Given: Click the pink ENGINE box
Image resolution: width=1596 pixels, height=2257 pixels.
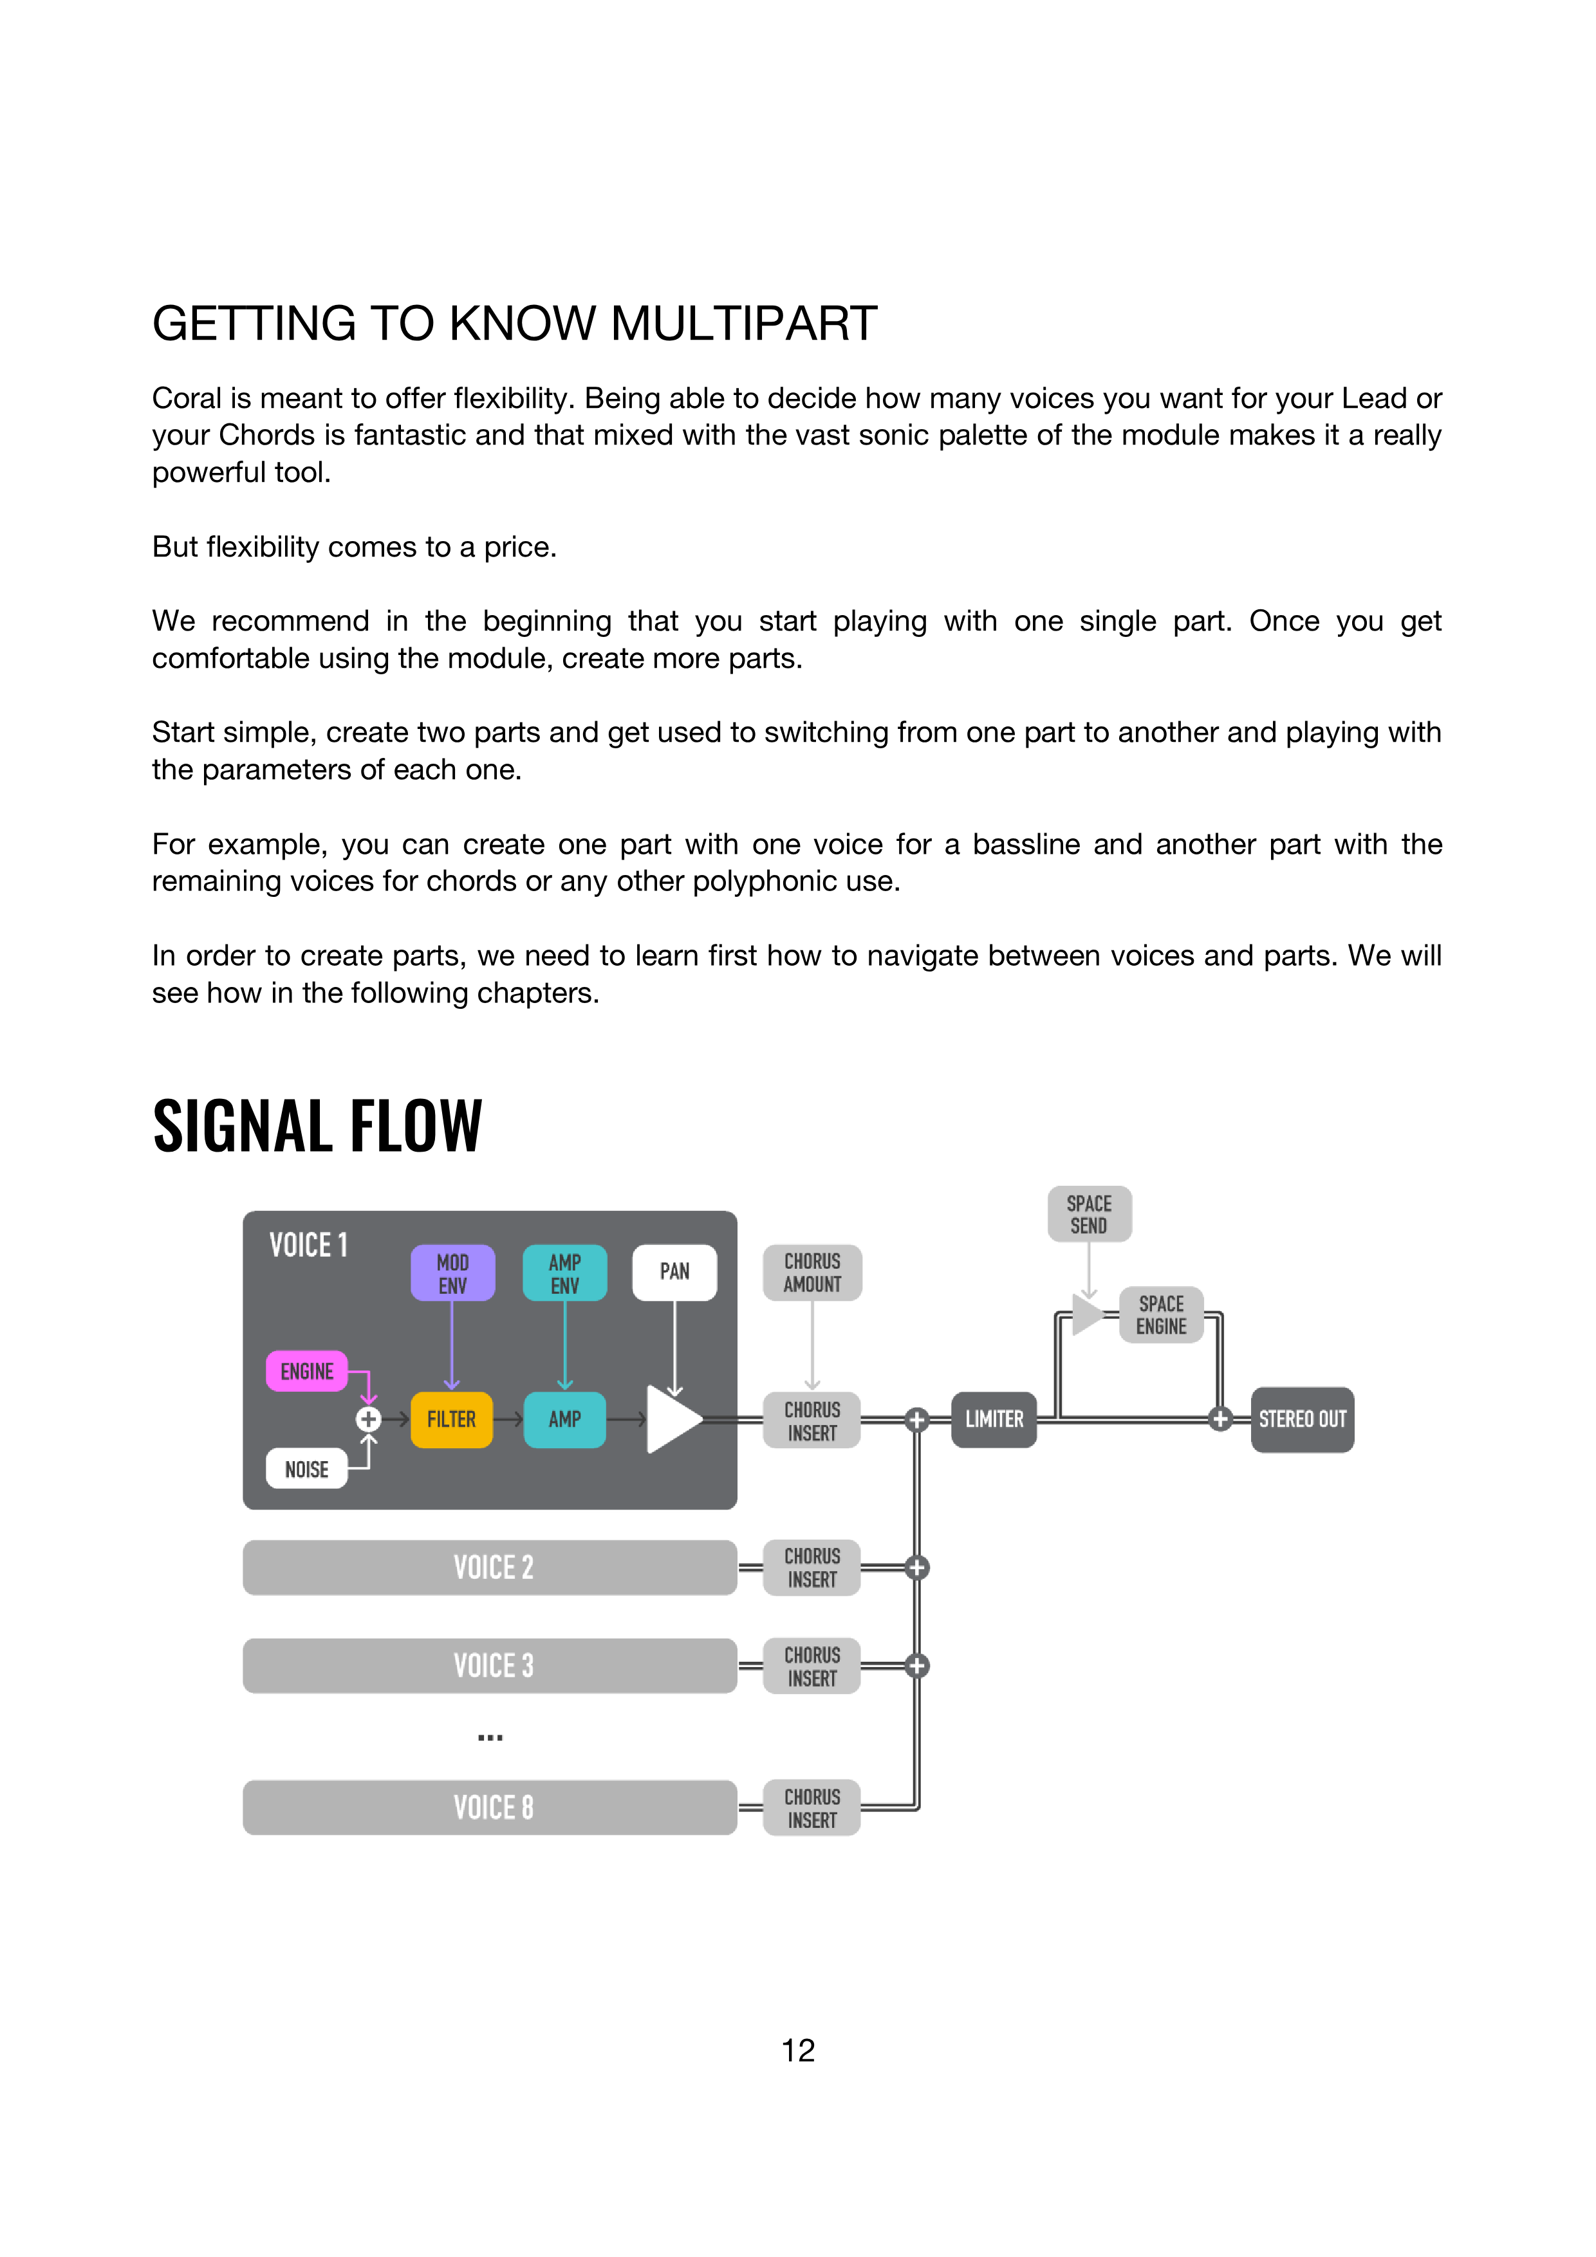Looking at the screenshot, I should (307, 1370).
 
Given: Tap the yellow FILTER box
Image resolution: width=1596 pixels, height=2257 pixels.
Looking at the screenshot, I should (451, 1419).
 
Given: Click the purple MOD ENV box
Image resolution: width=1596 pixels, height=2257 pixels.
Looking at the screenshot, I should (452, 1273).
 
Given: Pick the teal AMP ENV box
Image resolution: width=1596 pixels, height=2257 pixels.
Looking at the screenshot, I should (564, 1273).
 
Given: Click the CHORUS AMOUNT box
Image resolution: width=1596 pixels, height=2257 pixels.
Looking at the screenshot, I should (812, 1273).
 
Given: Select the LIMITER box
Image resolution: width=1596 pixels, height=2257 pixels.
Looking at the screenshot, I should (994, 1419).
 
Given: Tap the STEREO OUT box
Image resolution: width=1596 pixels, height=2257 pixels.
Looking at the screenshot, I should (1302, 1419).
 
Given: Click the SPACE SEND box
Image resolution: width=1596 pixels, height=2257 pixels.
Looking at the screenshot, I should (1089, 1214).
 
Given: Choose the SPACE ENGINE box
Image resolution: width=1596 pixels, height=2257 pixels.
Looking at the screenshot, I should (1162, 1314).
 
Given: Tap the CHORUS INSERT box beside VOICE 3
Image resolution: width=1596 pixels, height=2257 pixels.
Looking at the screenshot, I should (812, 1666).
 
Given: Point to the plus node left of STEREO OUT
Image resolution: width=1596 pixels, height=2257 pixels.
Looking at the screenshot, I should (1220, 1419).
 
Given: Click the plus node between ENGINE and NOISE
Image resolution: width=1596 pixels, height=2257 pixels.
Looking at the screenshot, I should (369, 1419).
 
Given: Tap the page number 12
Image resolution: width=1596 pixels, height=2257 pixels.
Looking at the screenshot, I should (797, 2050).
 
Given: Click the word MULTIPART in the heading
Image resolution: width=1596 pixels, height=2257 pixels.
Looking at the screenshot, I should (743, 324).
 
